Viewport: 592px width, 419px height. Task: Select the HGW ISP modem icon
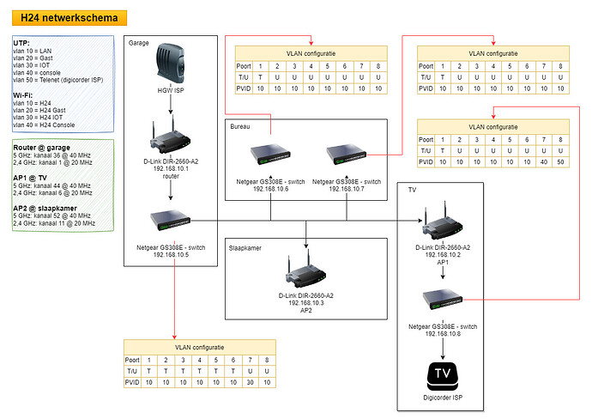coord(170,67)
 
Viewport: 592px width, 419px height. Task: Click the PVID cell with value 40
coord(543,161)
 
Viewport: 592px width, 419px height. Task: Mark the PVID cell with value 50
coord(561,161)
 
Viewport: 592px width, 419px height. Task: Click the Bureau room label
coord(241,126)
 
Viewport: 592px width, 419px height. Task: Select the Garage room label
coord(140,42)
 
